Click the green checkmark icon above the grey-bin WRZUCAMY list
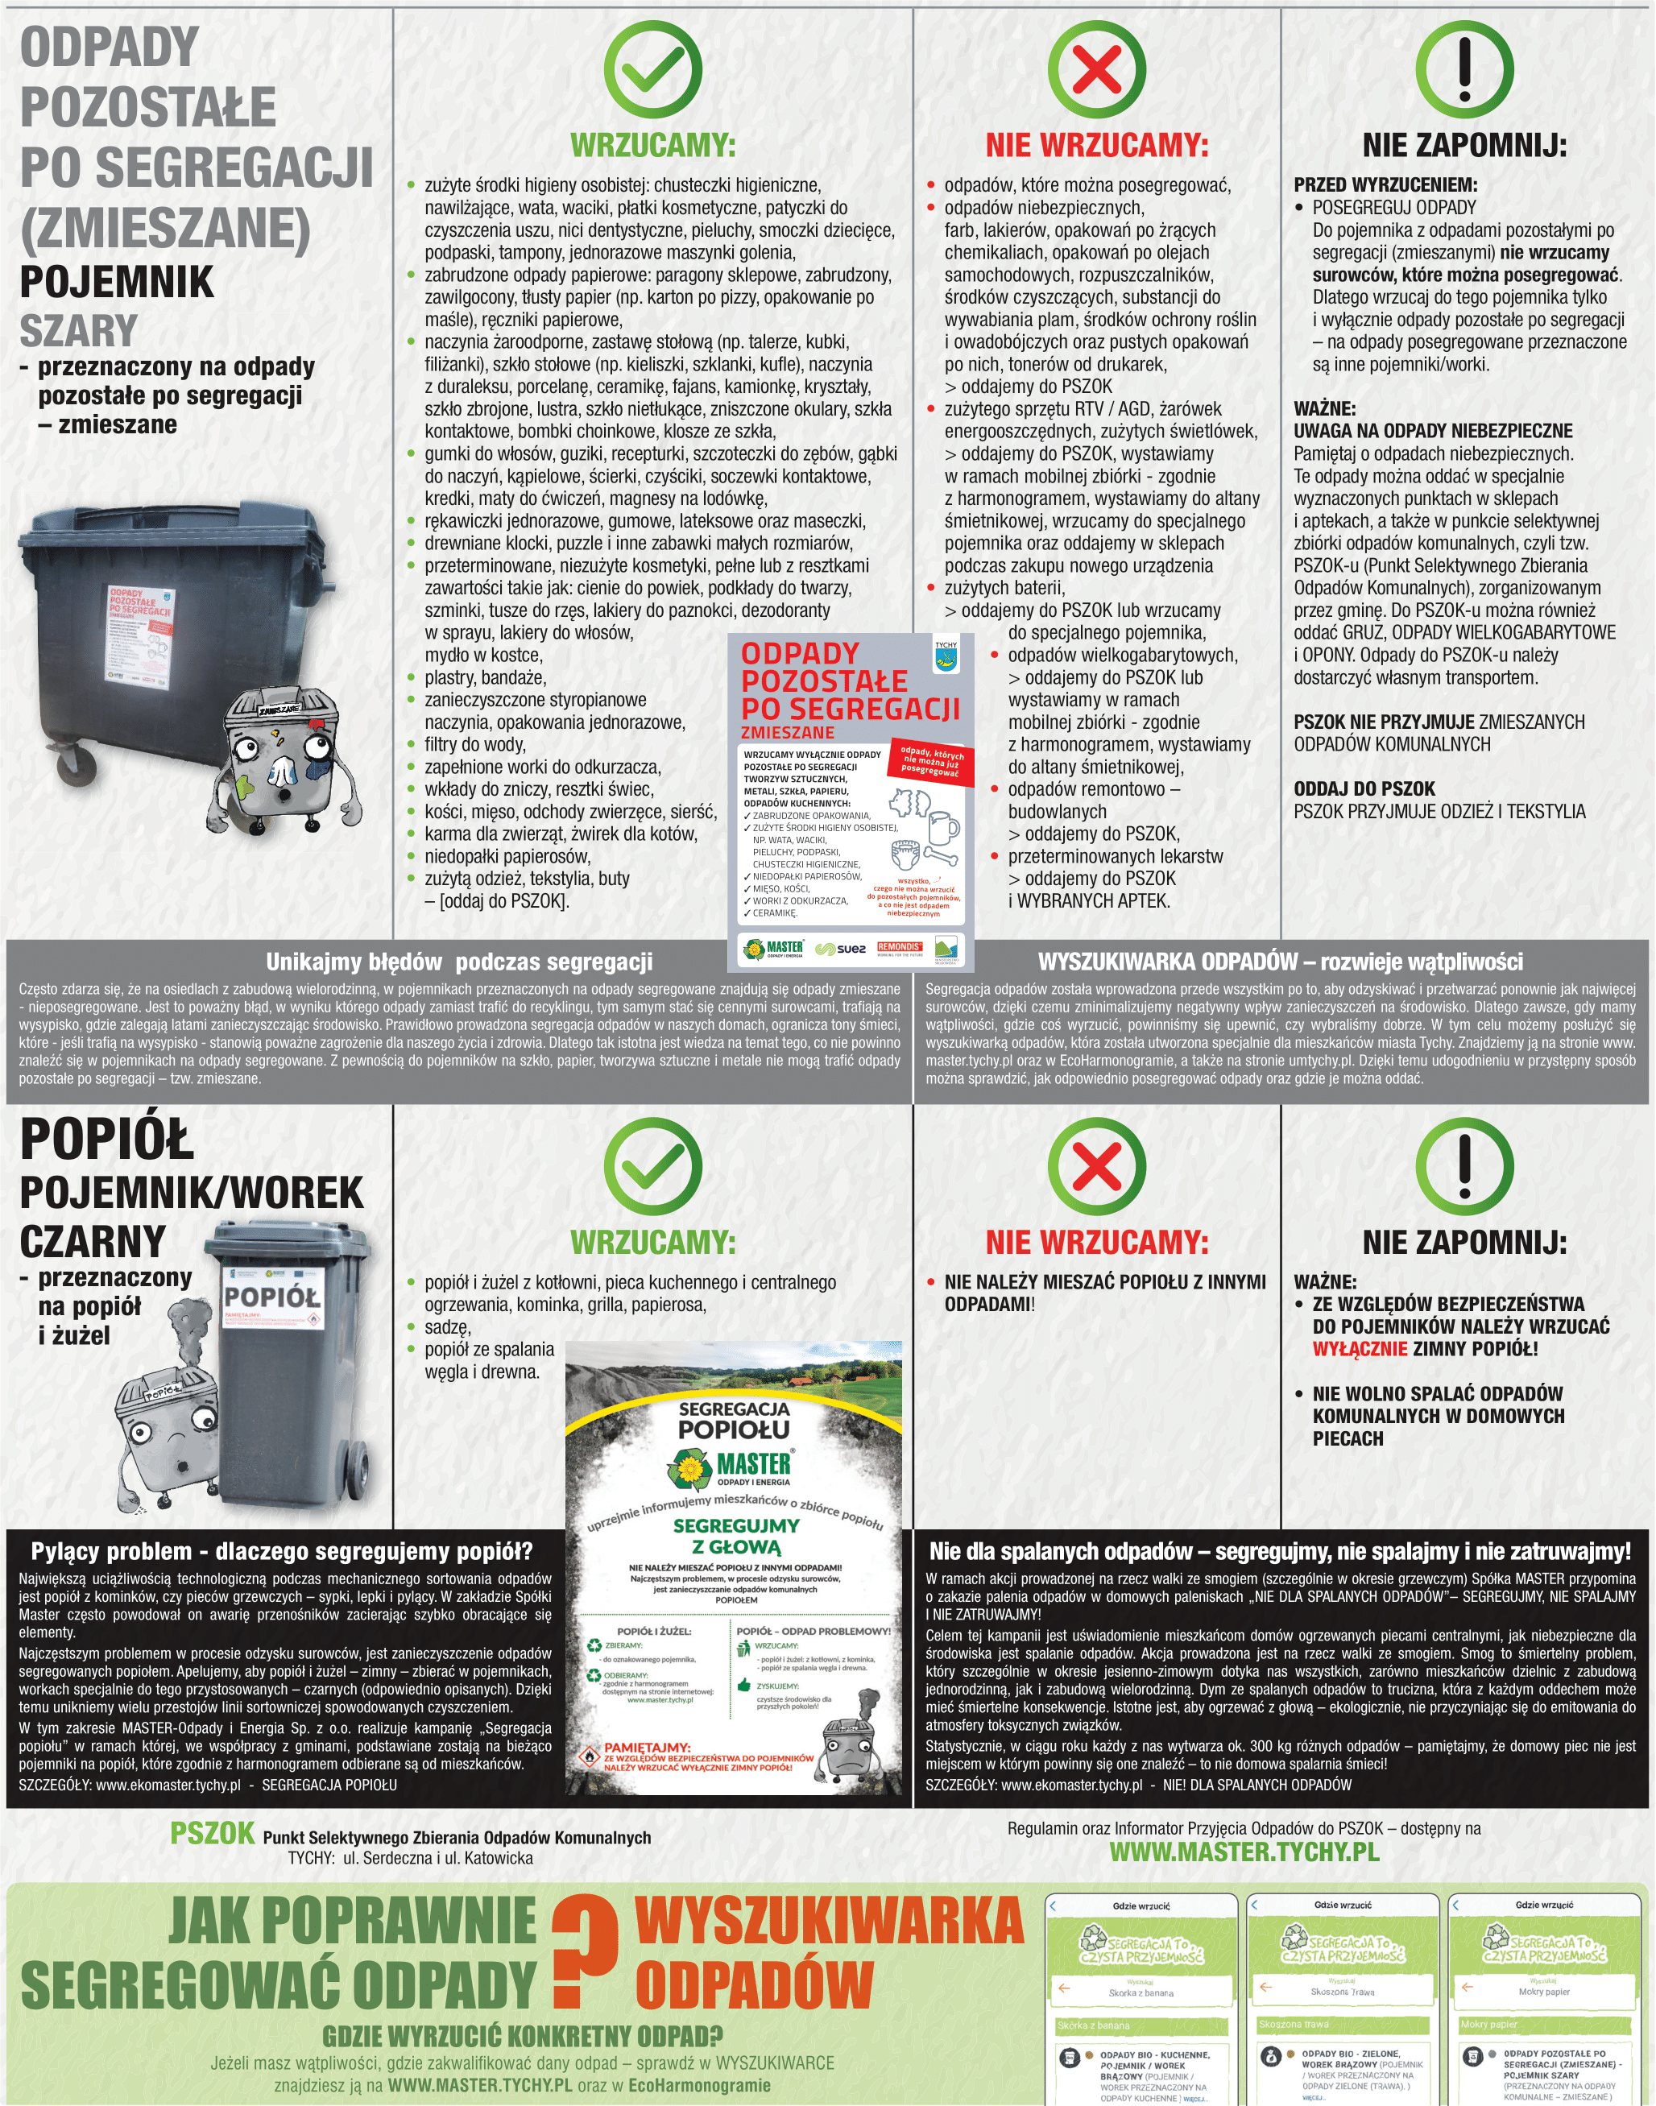[x=652, y=70]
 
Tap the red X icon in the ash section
[x=1096, y=1167]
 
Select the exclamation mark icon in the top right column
[x=1464, y=70]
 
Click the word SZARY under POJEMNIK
[x=79, y=330]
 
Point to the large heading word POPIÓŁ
[x=106, y=1140]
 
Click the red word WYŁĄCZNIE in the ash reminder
[x=1360, y=1349]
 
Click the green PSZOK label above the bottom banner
[x=213, y=1833]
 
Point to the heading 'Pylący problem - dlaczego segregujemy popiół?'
[x=282, y=1552]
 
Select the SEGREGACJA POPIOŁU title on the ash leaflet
[x=734, y=1420]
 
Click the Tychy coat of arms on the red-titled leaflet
[x=946, y=659]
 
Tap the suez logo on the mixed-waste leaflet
[x=841, y=949]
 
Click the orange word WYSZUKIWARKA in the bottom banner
[x=829, y=1921]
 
